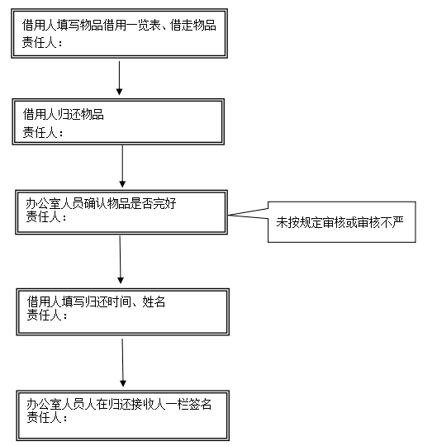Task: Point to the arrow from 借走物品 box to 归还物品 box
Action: pyautogui.click(x=119, y=78)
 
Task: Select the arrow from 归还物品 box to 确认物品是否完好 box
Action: pyautogui.click(x=122, y=166)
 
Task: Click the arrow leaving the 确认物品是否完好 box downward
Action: pyautogui.click(x=120, y=259)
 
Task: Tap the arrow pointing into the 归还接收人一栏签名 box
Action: pyautogui.click(x=122, y=363)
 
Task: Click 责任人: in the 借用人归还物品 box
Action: pyautogui.click(x=43, y=132)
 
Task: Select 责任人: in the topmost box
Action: pyautogui.click(x=42, y=43)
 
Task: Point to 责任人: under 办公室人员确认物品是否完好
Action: pyautogui.click(x=46, y=217)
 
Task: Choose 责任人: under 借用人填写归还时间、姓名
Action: pyautogui.click(x=47, y=316)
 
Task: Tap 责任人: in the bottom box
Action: pyautogui.click(x=47, y=418)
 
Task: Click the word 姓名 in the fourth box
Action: pyautogui.click(x=154, y=301)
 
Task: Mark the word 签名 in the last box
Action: pyautogui.click(x=200, y=404)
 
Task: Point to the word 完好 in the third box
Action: pyautogui.click(x=164, y=204)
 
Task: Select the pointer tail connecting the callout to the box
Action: pyautogui.click(x=248, y=214)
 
